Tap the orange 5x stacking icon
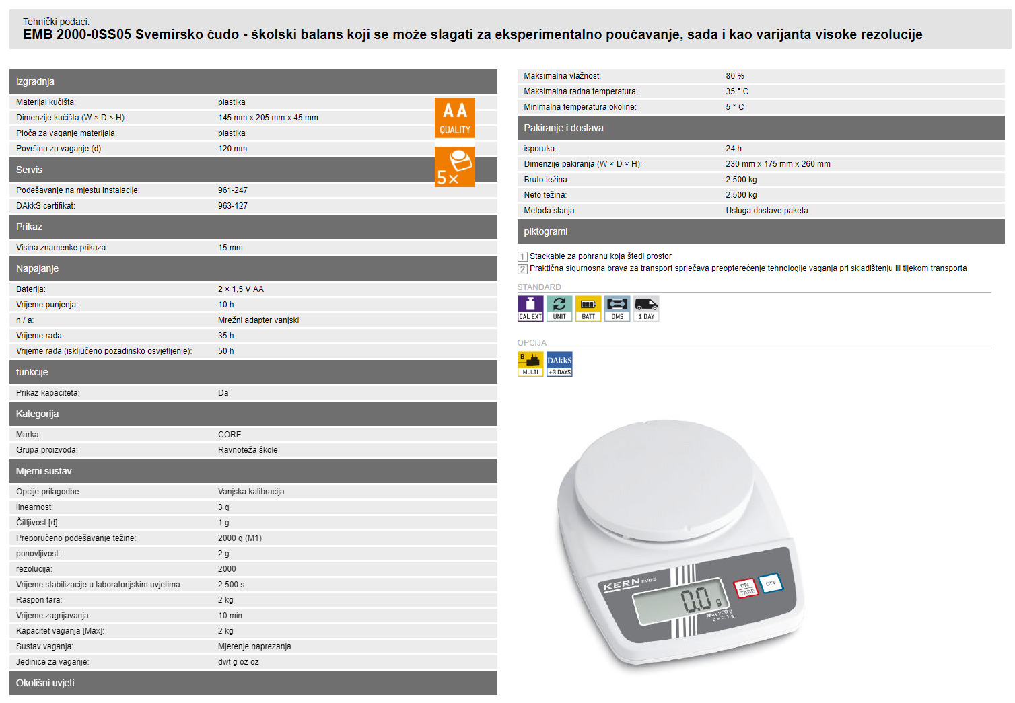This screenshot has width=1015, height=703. (x=454, y=167)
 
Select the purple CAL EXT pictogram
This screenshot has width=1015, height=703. (x=530, y=309)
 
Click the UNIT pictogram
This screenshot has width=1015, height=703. (x=559, y=309)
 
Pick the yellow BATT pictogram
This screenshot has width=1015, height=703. (x=588, y=309)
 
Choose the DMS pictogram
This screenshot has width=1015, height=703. (x=617, y=309)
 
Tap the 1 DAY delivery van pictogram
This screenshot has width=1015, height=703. (x=646, y=309)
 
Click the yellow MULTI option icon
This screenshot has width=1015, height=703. (x=530, y=364)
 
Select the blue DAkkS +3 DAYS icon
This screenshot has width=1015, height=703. (x=559, y=364)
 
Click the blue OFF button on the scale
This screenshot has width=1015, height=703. (x=771, y=583)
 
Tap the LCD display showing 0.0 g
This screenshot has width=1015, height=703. (x=680, y=601)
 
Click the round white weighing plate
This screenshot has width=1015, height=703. (x=664, y=479)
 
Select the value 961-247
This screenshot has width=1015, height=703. (x=232, y=190)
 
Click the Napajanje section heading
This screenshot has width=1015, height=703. (x=37, y=268)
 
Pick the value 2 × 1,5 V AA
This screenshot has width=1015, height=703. (x=240, y=289)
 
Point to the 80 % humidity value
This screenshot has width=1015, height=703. (x=734, y=76)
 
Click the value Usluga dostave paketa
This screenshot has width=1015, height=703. (x=767, y=211)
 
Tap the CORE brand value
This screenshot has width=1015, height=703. (x=230, y=435)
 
